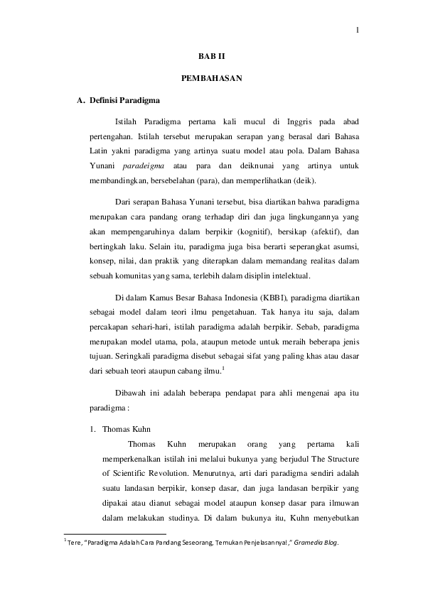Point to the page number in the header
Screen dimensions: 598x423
(x=357, y=29)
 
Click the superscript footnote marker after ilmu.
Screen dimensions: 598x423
(x=224, y=368)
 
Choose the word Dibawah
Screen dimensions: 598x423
(x=131, y=393)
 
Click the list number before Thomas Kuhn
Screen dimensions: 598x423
(x=92, y=429)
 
